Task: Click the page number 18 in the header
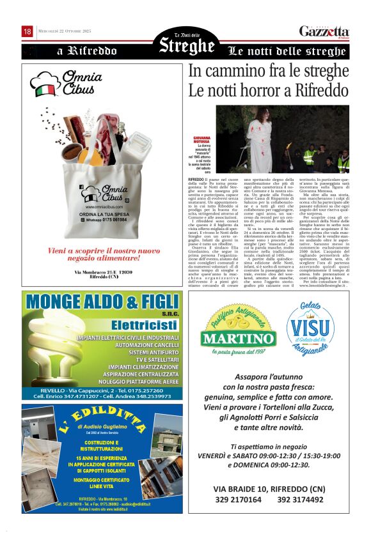coord(27,31)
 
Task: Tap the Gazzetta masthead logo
coord(324,32)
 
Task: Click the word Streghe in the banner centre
coord(187,46)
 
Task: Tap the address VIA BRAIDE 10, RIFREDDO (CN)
coord(269,488)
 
